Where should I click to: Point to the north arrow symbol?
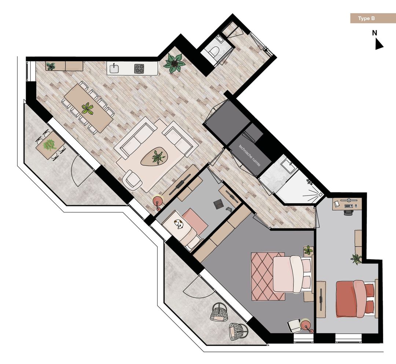coord(378,44)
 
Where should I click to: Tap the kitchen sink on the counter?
coord(114,68)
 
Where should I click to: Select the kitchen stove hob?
coord(139,68)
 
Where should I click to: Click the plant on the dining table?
coord(87,109)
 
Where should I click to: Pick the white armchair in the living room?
coord(132,180)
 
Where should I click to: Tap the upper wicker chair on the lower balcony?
coord(218,312)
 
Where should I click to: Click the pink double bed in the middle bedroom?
coord(292,274)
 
